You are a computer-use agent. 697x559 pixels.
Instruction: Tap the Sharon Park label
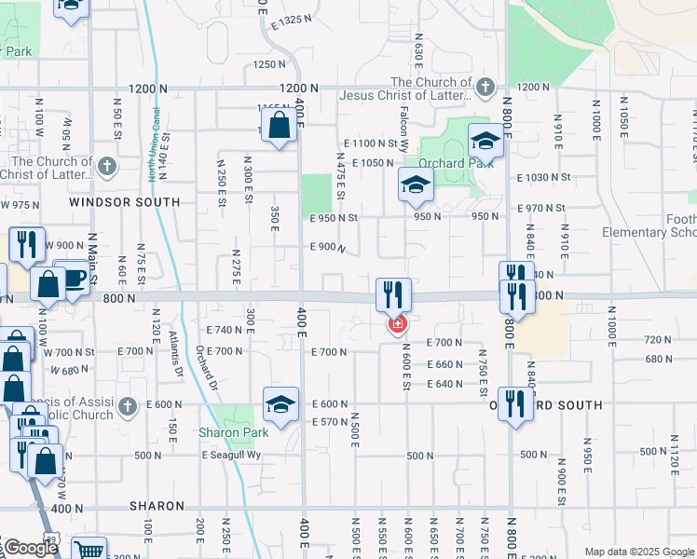point(233,432)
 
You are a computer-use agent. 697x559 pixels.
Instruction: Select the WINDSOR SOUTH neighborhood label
point(125,202)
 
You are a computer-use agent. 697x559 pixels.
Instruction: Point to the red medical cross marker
point(398,324)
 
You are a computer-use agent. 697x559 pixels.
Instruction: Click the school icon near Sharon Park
point(280,403)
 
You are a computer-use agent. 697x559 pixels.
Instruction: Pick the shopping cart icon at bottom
point(89,551)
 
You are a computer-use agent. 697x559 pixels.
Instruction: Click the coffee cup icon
point(74,277)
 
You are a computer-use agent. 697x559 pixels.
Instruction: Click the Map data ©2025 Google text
point(638,552)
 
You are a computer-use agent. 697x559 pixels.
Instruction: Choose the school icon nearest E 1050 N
point(416,184)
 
